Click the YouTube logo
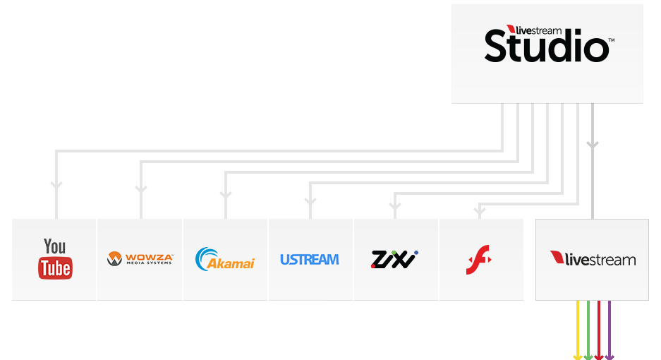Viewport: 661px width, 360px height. (x=55, y=259)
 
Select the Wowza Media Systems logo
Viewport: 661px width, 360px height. (x=140, y=259)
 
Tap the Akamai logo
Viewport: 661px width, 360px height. (x=225, y=259)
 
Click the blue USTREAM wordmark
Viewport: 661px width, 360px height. (x=310, y=260)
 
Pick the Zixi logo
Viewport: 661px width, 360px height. (x=394, y=259)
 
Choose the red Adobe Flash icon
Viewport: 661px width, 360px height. (x=479, y=260)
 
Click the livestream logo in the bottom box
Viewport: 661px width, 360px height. (x=593, y=258)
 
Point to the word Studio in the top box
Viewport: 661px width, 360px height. (x=547, y=46)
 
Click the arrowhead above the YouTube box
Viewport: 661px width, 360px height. (x=56, y=185)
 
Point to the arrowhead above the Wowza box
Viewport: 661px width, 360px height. (x=141, y=189)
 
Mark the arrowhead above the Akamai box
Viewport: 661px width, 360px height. (x=226, y=195)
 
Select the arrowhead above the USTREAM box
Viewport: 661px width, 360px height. (x=310, y=201)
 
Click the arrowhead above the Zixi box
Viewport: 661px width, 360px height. (x=395, y=206)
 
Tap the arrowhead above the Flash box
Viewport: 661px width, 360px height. (x=480, y=210)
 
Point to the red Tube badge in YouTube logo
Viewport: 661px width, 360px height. (x=55, y=268)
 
